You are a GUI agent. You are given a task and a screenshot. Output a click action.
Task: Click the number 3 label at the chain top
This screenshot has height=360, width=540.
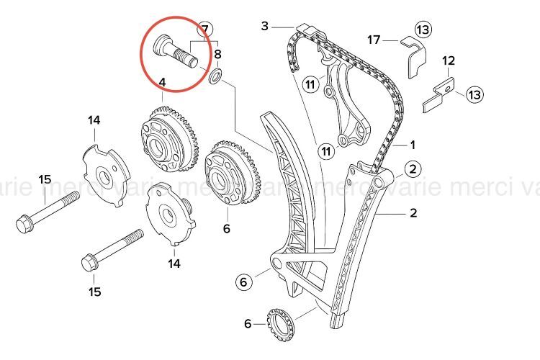264,27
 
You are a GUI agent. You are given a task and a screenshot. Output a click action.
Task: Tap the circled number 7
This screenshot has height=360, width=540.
205,30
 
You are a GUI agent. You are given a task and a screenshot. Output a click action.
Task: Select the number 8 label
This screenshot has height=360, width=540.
217,54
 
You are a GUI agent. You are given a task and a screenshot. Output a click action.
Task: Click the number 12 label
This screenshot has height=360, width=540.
449,61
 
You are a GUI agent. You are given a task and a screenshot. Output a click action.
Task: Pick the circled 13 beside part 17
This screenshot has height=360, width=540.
423,30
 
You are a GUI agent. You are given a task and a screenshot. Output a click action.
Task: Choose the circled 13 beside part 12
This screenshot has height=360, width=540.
474,94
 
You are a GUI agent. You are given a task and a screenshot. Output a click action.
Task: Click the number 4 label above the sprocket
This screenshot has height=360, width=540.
162,84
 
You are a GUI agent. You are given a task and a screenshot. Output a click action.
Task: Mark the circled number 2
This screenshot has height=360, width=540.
412,169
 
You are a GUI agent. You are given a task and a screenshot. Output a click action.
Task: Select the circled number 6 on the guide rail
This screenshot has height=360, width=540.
244,282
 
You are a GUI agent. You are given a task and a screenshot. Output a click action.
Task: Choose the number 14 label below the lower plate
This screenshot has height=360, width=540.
174,264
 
